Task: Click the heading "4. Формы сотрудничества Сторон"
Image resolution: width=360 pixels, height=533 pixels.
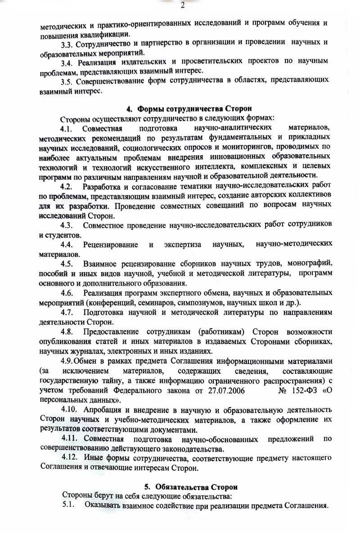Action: (189, 108)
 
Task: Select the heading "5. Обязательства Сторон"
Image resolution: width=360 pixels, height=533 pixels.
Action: (190, 487)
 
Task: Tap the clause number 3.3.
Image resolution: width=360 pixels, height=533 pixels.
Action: (67, 45)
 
